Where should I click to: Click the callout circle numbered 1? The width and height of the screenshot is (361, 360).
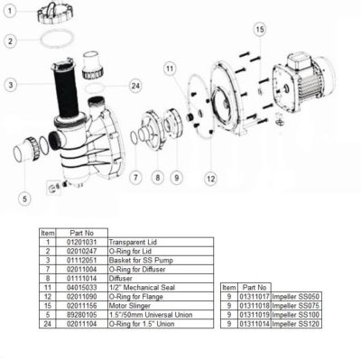[9, 14]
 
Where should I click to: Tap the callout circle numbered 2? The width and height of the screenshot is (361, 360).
[9, 41]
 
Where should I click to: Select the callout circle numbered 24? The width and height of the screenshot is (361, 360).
[135, 86]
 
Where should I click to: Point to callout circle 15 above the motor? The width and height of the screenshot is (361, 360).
[260, 30]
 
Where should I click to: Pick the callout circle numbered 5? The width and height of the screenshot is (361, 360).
[24, 197]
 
